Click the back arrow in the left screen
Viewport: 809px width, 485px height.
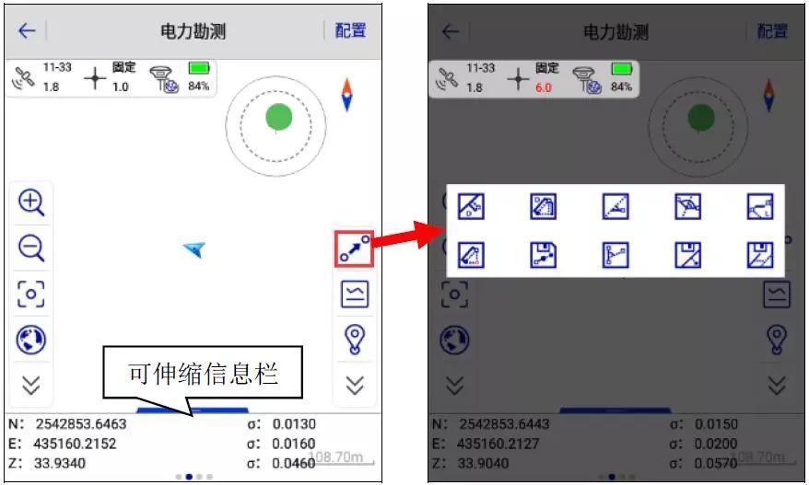click(27, 31)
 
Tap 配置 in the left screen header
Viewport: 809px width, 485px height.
click(350, 30)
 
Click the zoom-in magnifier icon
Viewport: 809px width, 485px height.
click(31, 202)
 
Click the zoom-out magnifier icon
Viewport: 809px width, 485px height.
click(31, 248)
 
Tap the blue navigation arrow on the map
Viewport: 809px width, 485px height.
click(193, 248)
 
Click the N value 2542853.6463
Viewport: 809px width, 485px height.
click(81, 425)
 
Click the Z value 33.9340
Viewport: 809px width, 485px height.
click(61, 463)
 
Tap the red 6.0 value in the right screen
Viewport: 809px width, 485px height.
click(544, 88)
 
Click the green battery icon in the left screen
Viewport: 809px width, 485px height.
click(199, 69)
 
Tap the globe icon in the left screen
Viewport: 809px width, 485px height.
click(31, 340)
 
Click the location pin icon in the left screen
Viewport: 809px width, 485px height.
click(355, 340)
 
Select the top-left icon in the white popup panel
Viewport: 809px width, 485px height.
click(471, 207)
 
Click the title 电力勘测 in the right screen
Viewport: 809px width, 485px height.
click(616, 31)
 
